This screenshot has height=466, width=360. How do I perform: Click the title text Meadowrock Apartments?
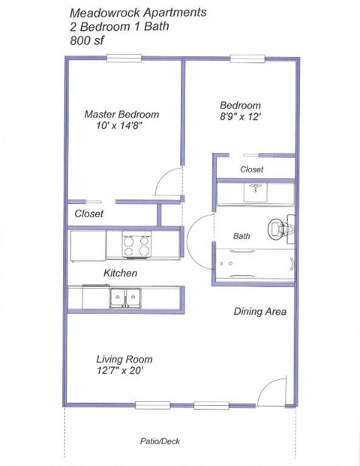[x=138, y=13]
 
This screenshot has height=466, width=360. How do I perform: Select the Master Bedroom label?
[x=121, y=115]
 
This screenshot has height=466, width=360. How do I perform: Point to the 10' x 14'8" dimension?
[x=121, y=127]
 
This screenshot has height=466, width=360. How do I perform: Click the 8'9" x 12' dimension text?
[x=241, y=117]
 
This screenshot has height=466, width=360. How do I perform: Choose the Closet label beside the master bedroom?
[x=88, y=214]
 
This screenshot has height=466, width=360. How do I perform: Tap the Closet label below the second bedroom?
[x=251, y=169]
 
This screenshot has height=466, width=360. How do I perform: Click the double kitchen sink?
[x=124, y=297]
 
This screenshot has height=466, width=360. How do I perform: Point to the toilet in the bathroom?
[x=281, y=226]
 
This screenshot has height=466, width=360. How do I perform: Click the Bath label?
[x=241, y=236]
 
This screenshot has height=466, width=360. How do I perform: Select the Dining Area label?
[x=260, y=311]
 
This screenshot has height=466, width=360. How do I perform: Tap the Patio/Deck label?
[x=160, y=441]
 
